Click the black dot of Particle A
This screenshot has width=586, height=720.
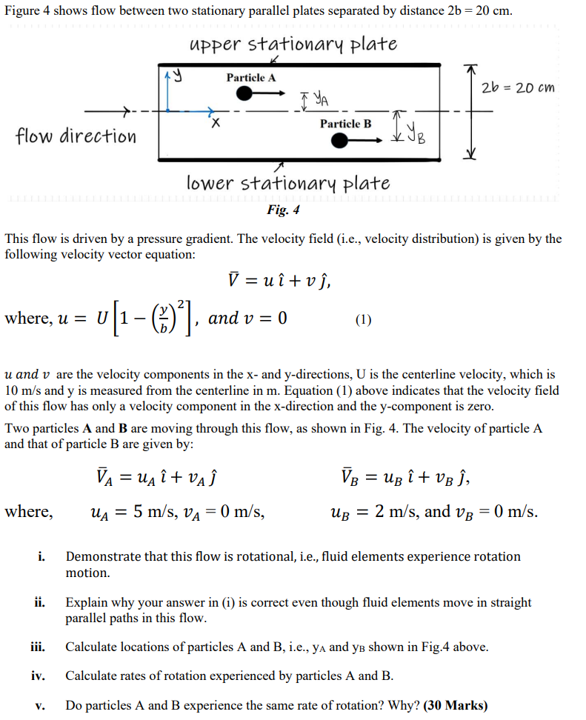click(244, 93)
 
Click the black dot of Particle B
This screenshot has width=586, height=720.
click(340, 141)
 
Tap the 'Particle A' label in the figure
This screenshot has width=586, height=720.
click(251, 78)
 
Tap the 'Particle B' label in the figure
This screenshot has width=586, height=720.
click(345, 124)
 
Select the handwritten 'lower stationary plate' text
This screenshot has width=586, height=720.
click(288, 182)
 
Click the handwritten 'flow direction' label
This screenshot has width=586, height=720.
click(76, 136)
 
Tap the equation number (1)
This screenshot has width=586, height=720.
click(362, 320)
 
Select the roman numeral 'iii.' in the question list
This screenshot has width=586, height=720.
click(39, 647)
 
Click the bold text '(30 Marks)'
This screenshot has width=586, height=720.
click(455, 705)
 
